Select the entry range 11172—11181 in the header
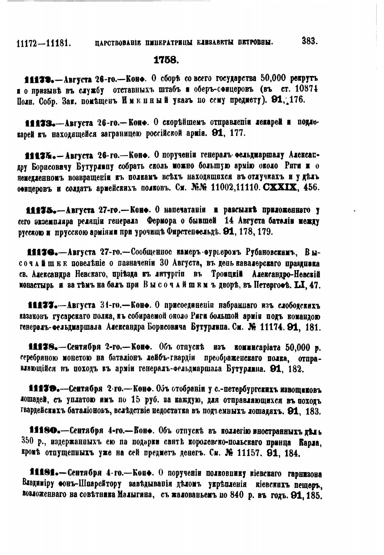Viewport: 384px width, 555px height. tap(43, 43)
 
